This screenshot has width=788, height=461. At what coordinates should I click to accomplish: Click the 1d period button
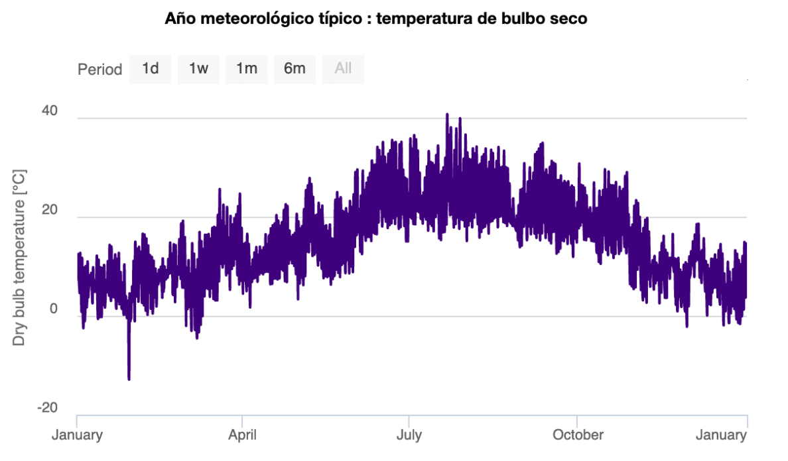(x=150, y=69)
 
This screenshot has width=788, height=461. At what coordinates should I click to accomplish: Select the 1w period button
(x=198, y=69)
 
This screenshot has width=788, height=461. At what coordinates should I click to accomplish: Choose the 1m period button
(x=247, y=69)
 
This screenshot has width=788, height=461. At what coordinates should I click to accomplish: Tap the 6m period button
(x=295, y=69)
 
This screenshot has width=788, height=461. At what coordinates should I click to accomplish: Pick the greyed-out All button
(x=343, y=69)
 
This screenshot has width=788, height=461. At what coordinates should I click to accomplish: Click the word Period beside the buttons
(x=100, y=70)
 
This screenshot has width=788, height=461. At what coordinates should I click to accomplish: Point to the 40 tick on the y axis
(x=50, y=111)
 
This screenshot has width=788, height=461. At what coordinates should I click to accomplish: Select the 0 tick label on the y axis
(x=54, y=309)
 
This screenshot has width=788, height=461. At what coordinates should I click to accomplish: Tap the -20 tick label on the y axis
(x=47, y=407)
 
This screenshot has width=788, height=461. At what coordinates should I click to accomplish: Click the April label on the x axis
(x=242, y=435)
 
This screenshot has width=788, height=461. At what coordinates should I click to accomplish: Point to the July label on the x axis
(x=409, y=435)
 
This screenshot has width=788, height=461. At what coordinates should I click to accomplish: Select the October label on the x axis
(x=578, y=435)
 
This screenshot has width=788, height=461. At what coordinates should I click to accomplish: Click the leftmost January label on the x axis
(x=78, y=435)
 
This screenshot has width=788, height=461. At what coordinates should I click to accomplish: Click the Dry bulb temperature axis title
(x=19, y=258)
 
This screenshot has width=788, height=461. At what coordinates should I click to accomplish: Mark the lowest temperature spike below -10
(x=129, y=378)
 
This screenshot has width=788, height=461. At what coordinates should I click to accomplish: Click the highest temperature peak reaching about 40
(x=447, y=115)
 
